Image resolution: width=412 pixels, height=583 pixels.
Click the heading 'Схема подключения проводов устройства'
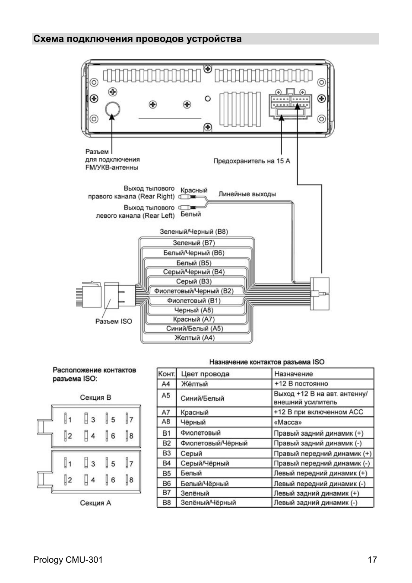click(137, 39)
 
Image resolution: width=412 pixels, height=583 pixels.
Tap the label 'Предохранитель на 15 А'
click(252, 161)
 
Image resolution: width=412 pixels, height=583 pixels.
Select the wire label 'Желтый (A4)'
click(194, 338)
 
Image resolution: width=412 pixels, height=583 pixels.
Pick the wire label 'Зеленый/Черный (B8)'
click(194, 232)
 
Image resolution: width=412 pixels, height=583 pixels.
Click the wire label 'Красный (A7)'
click(193, 319)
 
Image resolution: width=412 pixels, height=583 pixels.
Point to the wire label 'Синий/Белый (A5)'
click(194, 328)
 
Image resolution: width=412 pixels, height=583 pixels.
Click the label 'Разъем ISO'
click(114, 321)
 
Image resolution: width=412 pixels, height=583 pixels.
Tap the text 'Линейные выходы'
click(247, 194)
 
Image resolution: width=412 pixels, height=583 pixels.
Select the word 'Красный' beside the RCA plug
click(193, 190)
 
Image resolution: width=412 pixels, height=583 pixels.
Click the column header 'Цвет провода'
click(205, 374)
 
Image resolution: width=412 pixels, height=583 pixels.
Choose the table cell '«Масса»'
click(288, 422)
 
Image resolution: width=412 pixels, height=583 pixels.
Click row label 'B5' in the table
click(167, 473)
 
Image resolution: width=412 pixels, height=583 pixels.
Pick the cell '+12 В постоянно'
click(301, 384)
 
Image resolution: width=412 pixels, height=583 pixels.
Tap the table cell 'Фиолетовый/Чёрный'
click(214, 443)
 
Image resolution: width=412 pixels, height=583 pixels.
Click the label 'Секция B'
click(95, 398)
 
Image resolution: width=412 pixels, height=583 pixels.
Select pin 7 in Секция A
click(129, 464)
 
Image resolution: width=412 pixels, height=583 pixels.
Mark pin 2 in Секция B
click(68, 436)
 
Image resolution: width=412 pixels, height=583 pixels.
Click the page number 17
click(372, 560)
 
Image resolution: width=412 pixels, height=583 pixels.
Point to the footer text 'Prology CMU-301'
click(68, 560)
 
